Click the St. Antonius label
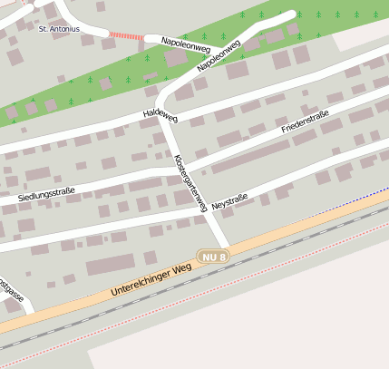(59, 29)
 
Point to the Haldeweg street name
(160, 115)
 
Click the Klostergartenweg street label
(190, 179)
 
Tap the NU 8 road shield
(214, 258)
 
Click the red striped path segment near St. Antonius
(127, 37)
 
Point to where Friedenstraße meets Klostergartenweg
(185, 168)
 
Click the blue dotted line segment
(372, 194)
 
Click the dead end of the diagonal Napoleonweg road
(292, 15)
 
